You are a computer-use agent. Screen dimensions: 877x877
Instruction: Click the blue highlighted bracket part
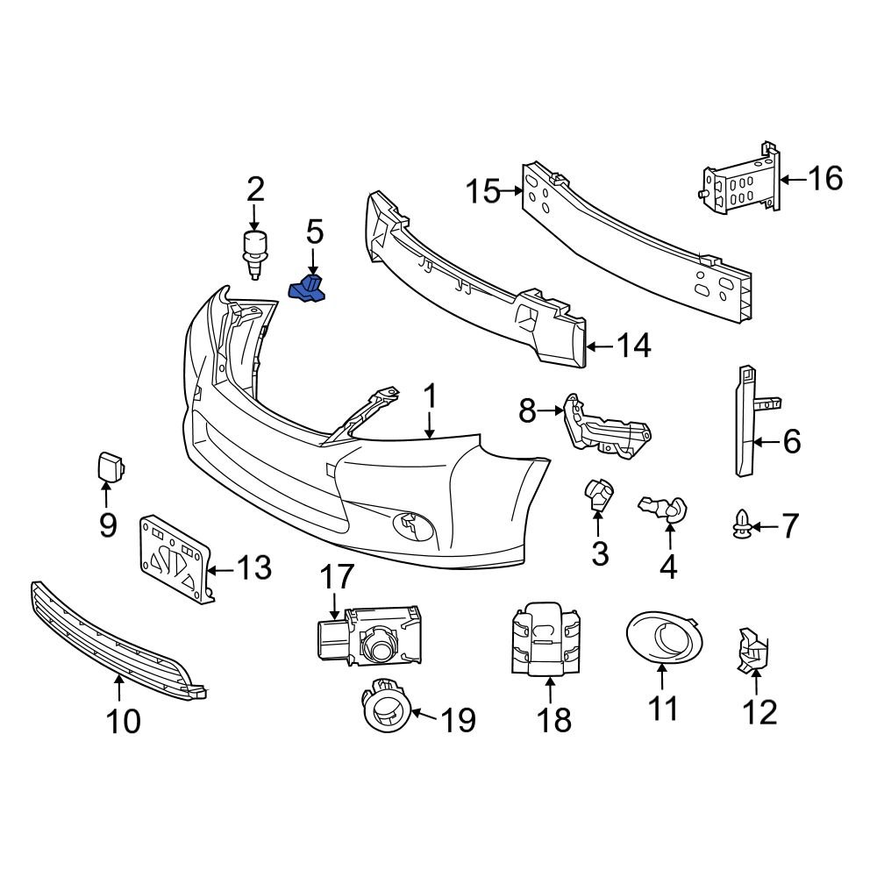coord(308,291)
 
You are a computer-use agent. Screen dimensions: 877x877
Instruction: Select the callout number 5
coord(315,233)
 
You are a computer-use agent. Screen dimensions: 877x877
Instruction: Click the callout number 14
coord(633,346)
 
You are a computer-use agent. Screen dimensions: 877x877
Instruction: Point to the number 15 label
coord(483,190)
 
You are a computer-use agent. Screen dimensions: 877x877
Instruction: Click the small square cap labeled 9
coord(110,467)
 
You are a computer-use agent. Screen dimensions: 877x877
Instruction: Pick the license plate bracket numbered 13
coord(175,560)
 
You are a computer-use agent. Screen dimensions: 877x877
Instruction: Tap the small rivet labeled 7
coord(738,525)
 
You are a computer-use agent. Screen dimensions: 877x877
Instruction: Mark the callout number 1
coord(430,397)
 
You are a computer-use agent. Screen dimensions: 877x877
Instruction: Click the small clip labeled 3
coord(600,496)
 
